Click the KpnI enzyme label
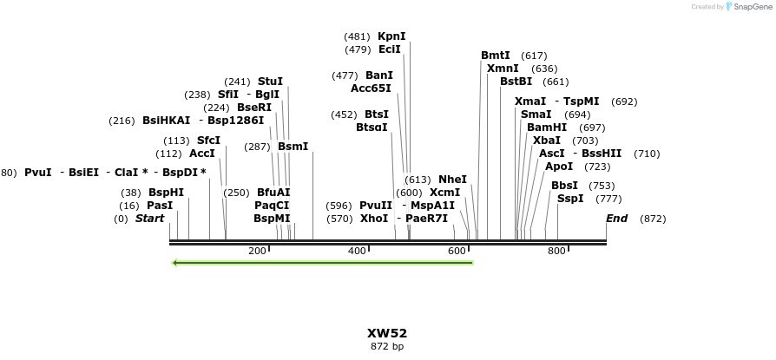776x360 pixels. pos(391,36)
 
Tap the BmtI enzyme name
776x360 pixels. pos(496,56)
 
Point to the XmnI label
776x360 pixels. pos(503,69)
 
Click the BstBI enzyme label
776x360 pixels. pos(516,82)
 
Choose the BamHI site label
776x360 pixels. pos(547,128)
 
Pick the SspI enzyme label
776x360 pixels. pos(570,199)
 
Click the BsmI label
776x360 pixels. pos(293,147)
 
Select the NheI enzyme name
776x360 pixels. pos(452,180)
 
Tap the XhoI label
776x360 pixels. pos(374,219)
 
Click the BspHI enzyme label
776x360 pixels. pos(166,193)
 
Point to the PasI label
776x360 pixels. pos(160,206)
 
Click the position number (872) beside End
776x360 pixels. pos(652,219)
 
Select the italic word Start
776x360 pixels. pos(149,219)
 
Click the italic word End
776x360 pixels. pos(616,219)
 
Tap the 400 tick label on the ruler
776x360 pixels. pos(357,251)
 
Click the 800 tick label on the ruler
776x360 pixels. pos(556,251)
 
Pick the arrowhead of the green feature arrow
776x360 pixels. pos(176,262)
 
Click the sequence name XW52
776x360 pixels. pos(387,333)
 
